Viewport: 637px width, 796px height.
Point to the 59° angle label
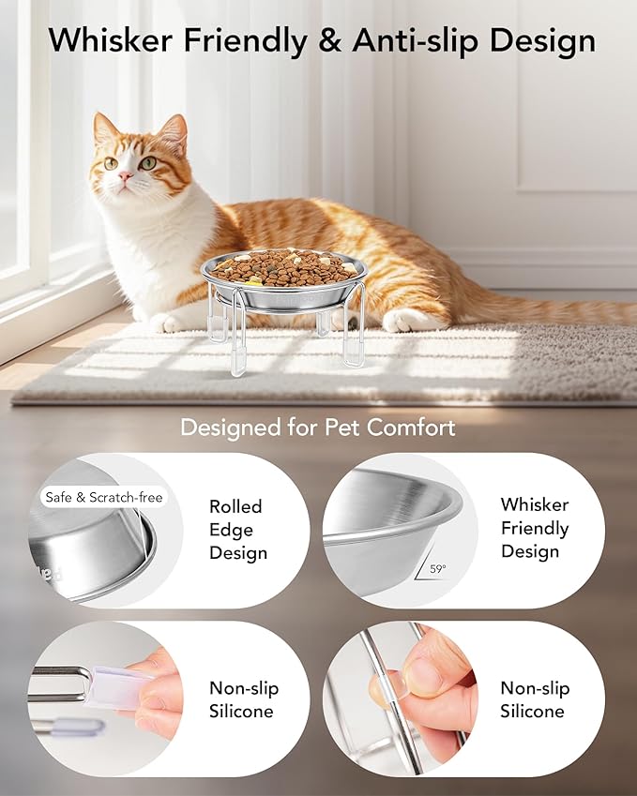(x=438, y=568)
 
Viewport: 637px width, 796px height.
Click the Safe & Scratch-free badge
(x=103, y=497)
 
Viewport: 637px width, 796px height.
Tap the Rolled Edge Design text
(x=235, y=530)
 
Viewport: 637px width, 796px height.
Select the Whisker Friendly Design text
(x=534, y=528)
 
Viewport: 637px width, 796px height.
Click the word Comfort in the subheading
(x=410, y=428)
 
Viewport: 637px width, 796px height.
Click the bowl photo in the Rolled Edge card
(x=99, y=544)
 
